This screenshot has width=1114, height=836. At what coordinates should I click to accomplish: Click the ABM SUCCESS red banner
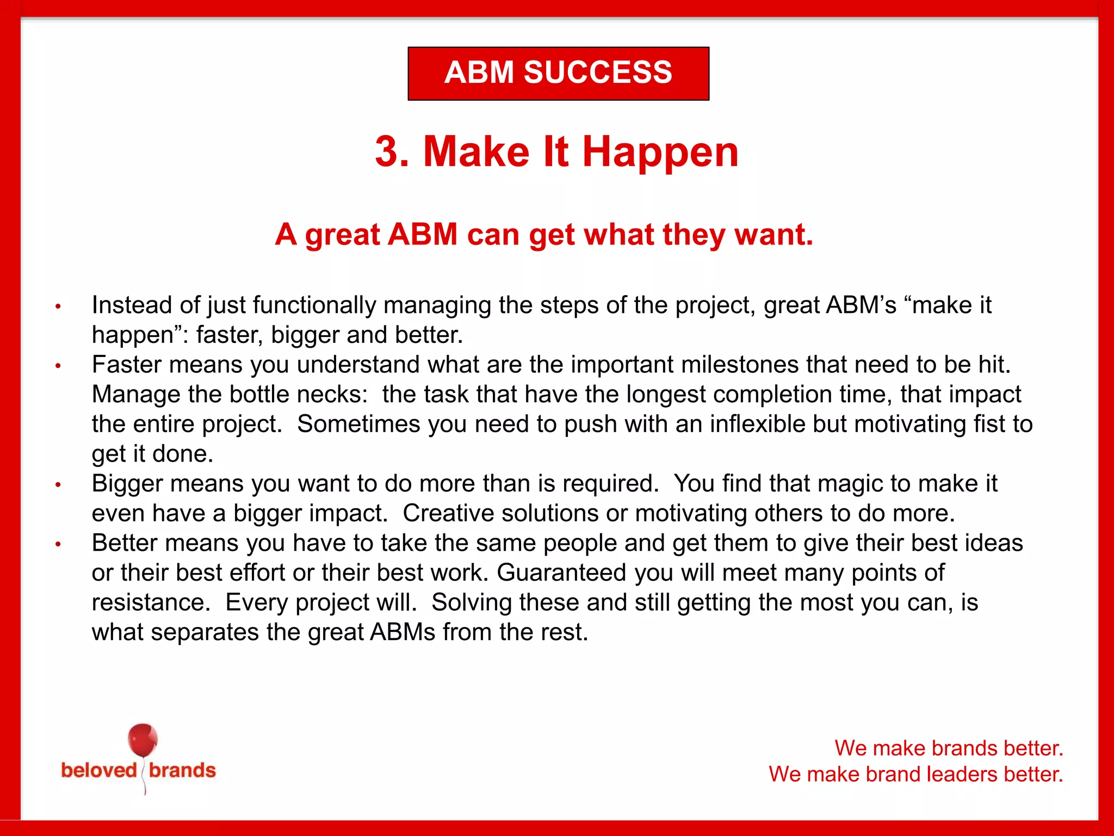(558, 73)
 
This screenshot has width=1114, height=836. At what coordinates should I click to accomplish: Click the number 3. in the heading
(392, 152)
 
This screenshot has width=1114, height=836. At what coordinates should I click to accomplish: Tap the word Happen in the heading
(660, 153)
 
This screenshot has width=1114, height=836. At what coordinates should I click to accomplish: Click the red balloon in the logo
(143, 741)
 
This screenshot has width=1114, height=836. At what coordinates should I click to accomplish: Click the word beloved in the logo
(99, 771)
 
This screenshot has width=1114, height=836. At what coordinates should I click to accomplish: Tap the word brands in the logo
(182, 771)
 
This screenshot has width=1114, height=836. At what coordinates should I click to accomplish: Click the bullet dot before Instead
(58, 307)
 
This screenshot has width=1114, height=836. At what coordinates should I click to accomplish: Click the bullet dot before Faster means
(58, 366)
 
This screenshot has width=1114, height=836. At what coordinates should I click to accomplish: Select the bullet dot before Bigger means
(58, 485)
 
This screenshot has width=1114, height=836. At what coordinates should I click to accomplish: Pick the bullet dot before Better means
(58, 544)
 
